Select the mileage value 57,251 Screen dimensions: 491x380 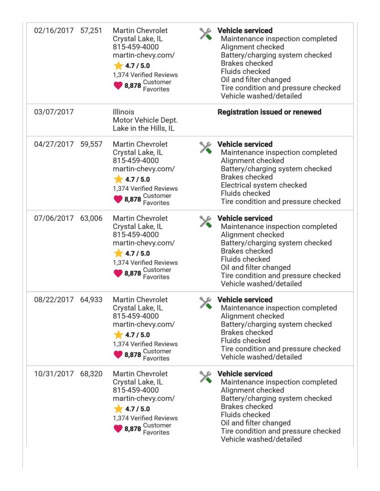(91, 31)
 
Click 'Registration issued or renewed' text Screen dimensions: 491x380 (269, 112)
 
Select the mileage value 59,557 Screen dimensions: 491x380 (91, 145)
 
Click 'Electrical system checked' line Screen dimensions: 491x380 (263, 185)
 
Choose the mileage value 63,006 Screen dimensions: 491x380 (91, 219)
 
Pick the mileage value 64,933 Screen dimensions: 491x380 (91, 300)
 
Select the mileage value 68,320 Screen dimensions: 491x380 (91, 374)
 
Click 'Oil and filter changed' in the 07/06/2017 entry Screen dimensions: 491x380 (256, 267)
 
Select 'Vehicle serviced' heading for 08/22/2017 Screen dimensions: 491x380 (245, 300)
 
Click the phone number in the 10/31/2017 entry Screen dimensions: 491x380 (136, 390)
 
